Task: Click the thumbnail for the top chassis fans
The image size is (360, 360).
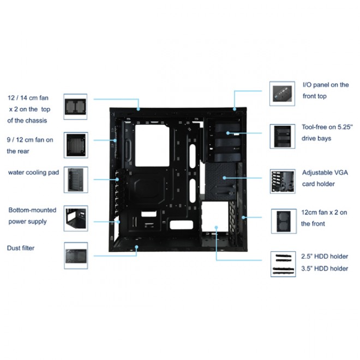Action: click(x=75, y=107)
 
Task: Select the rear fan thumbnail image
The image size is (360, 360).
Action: click(x=76, y=145)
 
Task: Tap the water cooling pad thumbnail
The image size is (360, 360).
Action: click(x=76, y=180)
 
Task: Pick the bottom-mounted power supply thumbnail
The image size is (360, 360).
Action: click(x=76, y=218)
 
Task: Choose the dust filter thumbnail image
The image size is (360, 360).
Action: click(x=76, y=255)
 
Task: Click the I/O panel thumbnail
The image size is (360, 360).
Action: click(x=282, y=94)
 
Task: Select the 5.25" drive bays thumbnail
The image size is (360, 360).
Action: click(x=283, y=136)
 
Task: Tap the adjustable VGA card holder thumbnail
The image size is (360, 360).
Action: click(x=283, y=182)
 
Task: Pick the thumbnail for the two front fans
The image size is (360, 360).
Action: click(x=284, y=221)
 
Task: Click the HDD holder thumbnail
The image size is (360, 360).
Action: click(x=283, y=264)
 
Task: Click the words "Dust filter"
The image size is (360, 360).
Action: click(x=21, y=248)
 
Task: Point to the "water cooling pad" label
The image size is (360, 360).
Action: click(x=33, y=172)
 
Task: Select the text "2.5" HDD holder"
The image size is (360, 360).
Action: click(x=325, y=256)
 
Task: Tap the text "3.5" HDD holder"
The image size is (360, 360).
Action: click(x=325, y=268)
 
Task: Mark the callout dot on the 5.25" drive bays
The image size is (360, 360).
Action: click(x=228, y=133)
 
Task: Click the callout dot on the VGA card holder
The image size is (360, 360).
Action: click(x=224, y=178)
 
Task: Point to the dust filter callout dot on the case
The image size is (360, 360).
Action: click(x=136, y=247)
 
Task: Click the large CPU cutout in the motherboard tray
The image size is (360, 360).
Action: click(x=152, y=146)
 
